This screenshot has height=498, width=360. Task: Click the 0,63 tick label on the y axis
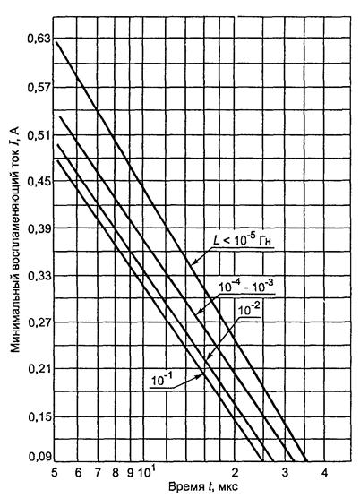39,39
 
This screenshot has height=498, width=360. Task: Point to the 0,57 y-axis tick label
39,87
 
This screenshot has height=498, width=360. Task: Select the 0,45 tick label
39,181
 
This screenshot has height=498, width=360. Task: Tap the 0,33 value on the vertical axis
39,276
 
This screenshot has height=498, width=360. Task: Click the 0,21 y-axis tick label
39,369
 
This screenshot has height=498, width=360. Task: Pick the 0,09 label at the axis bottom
39,457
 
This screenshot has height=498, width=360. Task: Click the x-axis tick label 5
55,473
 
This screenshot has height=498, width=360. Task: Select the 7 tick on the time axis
98,473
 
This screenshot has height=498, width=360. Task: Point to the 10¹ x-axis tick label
147,472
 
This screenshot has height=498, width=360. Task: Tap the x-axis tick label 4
324,473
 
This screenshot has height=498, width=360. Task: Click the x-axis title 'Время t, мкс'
203,487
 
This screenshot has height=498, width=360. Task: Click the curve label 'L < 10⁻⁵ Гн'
242,241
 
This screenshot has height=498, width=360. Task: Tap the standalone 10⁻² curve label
249,309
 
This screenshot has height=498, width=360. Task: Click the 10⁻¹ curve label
161,380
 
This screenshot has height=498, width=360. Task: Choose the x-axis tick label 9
130,473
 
